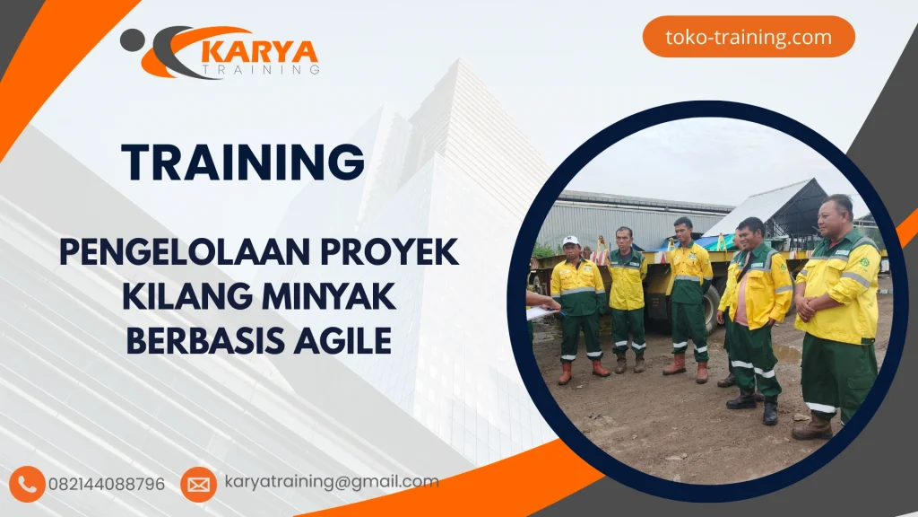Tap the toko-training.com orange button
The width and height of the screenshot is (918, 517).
(x=749, y=37)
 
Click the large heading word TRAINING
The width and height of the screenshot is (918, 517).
(x=243, y=162)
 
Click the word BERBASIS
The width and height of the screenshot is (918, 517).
(x=211, y=340)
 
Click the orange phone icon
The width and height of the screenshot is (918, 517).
(x=27, y=484)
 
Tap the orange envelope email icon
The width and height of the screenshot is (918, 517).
(x=198, y=484)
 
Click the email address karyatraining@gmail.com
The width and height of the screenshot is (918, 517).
(x=332, y=482)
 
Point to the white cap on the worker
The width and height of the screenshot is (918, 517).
(x=570, y=241)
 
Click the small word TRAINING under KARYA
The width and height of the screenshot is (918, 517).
(x=261, y=68)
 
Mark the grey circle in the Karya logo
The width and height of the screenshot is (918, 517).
(x=131, y=38)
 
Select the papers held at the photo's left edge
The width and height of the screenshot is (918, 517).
(x=541, y=313)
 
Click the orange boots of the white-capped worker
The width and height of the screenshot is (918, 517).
(x=582, y=370)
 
